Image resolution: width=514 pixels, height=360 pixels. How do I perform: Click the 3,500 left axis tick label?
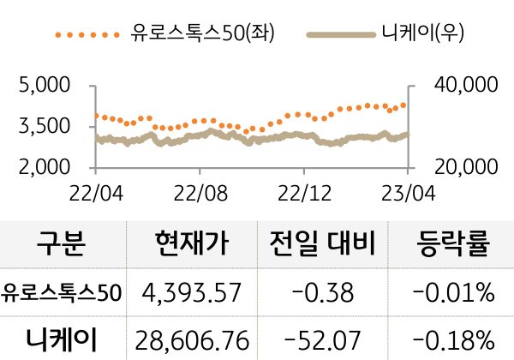tap(44, 126)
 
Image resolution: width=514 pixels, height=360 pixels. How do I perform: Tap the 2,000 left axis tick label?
tap(44, 166)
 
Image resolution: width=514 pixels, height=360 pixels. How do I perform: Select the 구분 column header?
tap(62, 245)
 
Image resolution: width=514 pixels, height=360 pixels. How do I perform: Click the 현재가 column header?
tap(193, 245)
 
